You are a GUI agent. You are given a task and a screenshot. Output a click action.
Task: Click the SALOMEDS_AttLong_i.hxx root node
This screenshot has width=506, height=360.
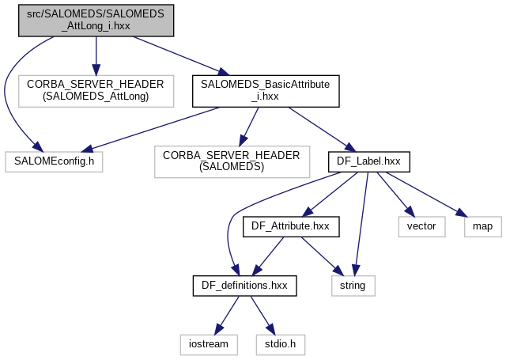96,18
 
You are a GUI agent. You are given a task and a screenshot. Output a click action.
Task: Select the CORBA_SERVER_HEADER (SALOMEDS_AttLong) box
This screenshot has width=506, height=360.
96,89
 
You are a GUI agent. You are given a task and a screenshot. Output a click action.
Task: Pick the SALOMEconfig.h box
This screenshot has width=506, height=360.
54,161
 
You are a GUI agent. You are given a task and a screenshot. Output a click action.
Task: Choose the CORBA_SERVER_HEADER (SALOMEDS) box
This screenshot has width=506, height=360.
232,161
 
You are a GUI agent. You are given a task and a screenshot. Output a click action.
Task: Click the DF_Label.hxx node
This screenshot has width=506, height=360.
368,161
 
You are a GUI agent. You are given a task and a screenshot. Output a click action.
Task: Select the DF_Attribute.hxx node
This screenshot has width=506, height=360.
290,225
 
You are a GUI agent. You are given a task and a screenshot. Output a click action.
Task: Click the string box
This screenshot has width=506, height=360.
353,285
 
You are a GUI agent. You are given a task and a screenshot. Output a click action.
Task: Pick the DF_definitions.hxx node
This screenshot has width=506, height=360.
244,285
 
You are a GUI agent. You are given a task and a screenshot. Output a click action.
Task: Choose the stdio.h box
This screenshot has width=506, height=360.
280,344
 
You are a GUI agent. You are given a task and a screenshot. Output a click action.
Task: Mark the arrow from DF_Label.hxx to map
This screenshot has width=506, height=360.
424,194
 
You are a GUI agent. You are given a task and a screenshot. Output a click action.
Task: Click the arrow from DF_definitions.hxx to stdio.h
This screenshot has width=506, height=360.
261,314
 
